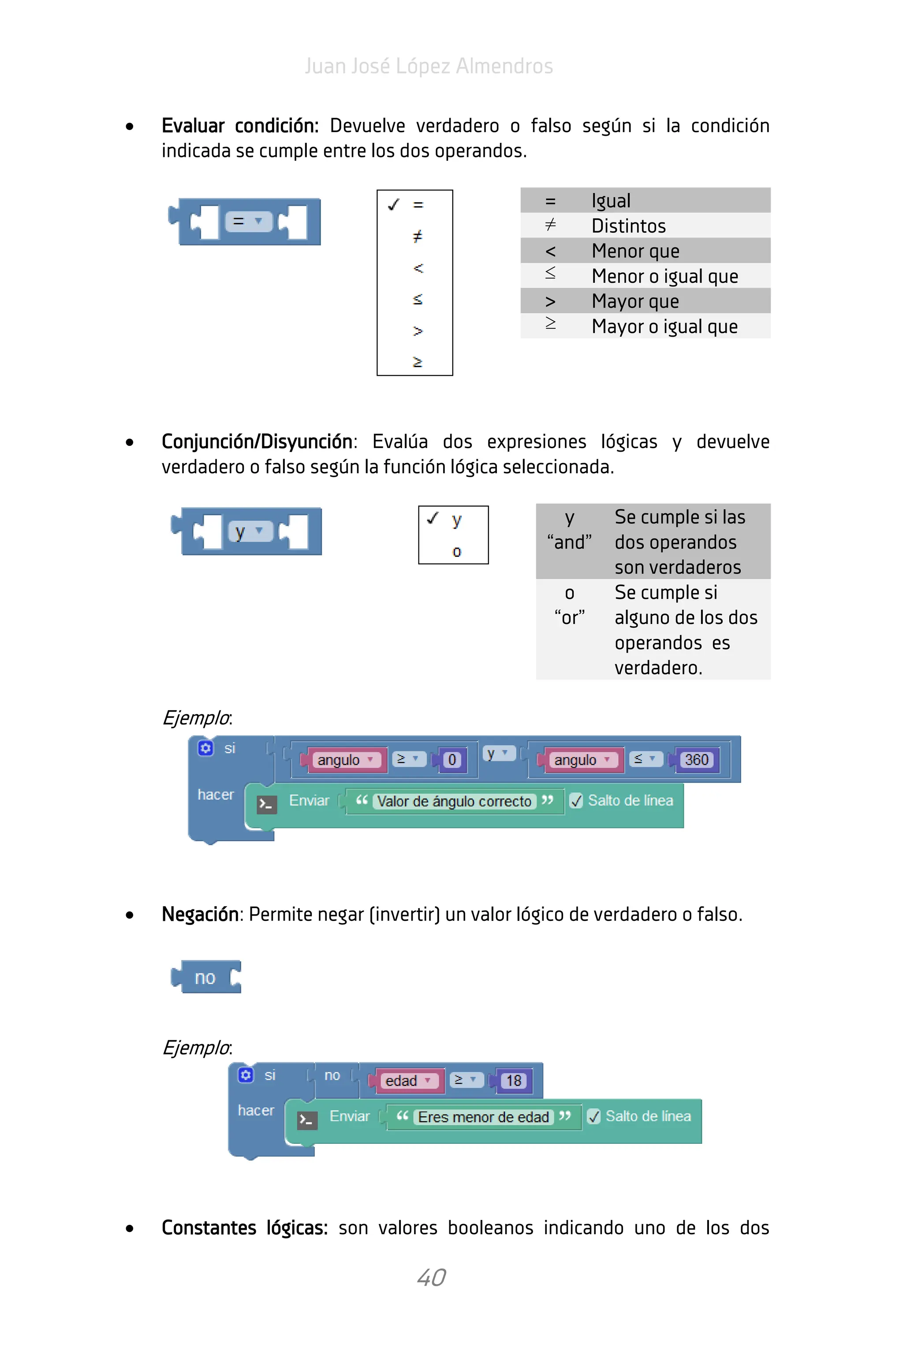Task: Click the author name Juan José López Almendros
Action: [429, 66]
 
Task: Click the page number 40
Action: [431, 1277]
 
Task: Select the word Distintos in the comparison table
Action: [628, 226]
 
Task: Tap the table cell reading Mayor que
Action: [635, 301]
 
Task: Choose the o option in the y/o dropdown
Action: [457, 551]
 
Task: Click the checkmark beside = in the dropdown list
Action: [394, 204]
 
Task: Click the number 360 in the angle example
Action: [696, 760]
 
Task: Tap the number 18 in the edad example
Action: [514, 1081]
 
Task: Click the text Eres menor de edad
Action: [483, 1117]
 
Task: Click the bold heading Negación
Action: [200, 914]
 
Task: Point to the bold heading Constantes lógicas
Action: [244, 1228]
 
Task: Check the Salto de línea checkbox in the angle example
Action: [576, 801]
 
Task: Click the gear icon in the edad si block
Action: [246, 1075]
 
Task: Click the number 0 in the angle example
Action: [452, 760]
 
